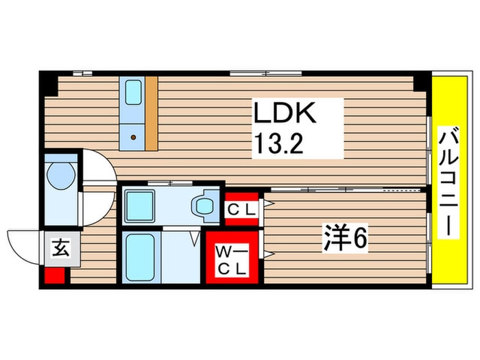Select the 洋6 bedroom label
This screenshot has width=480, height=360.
pos(346,239)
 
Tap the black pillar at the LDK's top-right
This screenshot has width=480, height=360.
pos(419,82)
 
